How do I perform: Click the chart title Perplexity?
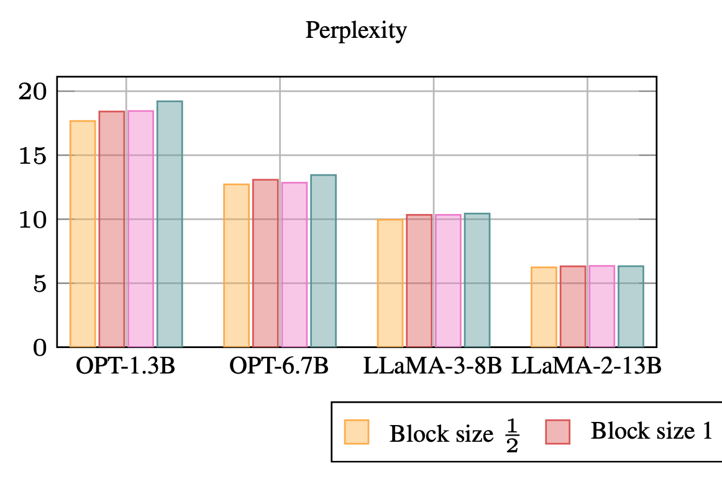point(355,30)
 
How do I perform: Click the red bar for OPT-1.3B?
point(112,229)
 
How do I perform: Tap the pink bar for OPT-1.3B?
point(140,229)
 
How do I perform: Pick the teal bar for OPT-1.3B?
point(170,224)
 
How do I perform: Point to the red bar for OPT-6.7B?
point(265,263)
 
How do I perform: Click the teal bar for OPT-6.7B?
point(323,261)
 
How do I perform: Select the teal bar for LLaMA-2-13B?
point(631,307)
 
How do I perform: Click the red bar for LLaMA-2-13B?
point(573,307)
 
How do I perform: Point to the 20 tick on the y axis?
point(32,91)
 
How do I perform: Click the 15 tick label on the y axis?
point(32,155)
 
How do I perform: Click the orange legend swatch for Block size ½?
point(357,432)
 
